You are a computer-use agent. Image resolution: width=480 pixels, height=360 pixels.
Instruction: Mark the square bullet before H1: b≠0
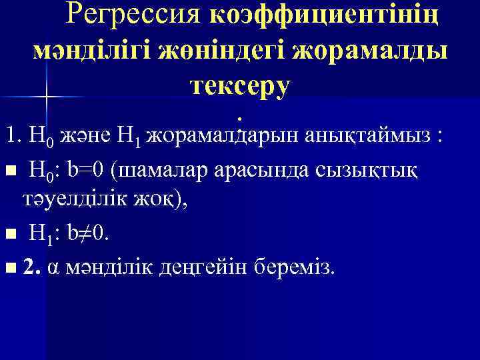tap(9, 235)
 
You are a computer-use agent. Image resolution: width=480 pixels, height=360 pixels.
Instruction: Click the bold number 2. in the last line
tap(30, 267)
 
